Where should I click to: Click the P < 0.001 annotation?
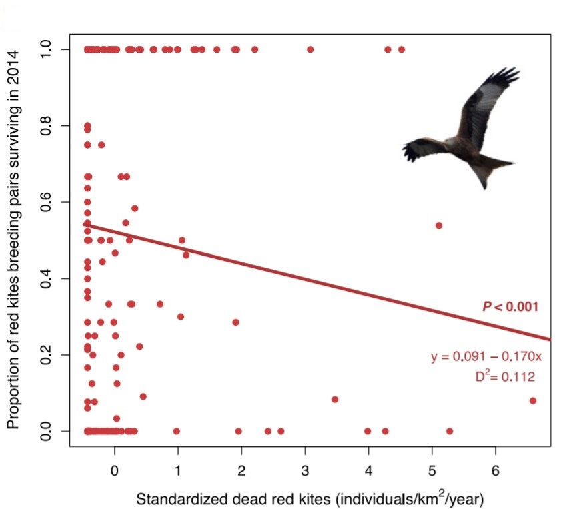[x=510, y=307]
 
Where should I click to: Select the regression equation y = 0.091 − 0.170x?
[x=486, y=357]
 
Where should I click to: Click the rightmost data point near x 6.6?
[x=533, y=400]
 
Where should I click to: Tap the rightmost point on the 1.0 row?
[x=402, y=49]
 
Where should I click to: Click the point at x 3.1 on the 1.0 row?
[x=310, y=49]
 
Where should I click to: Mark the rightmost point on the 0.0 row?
[x=450, y=431]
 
